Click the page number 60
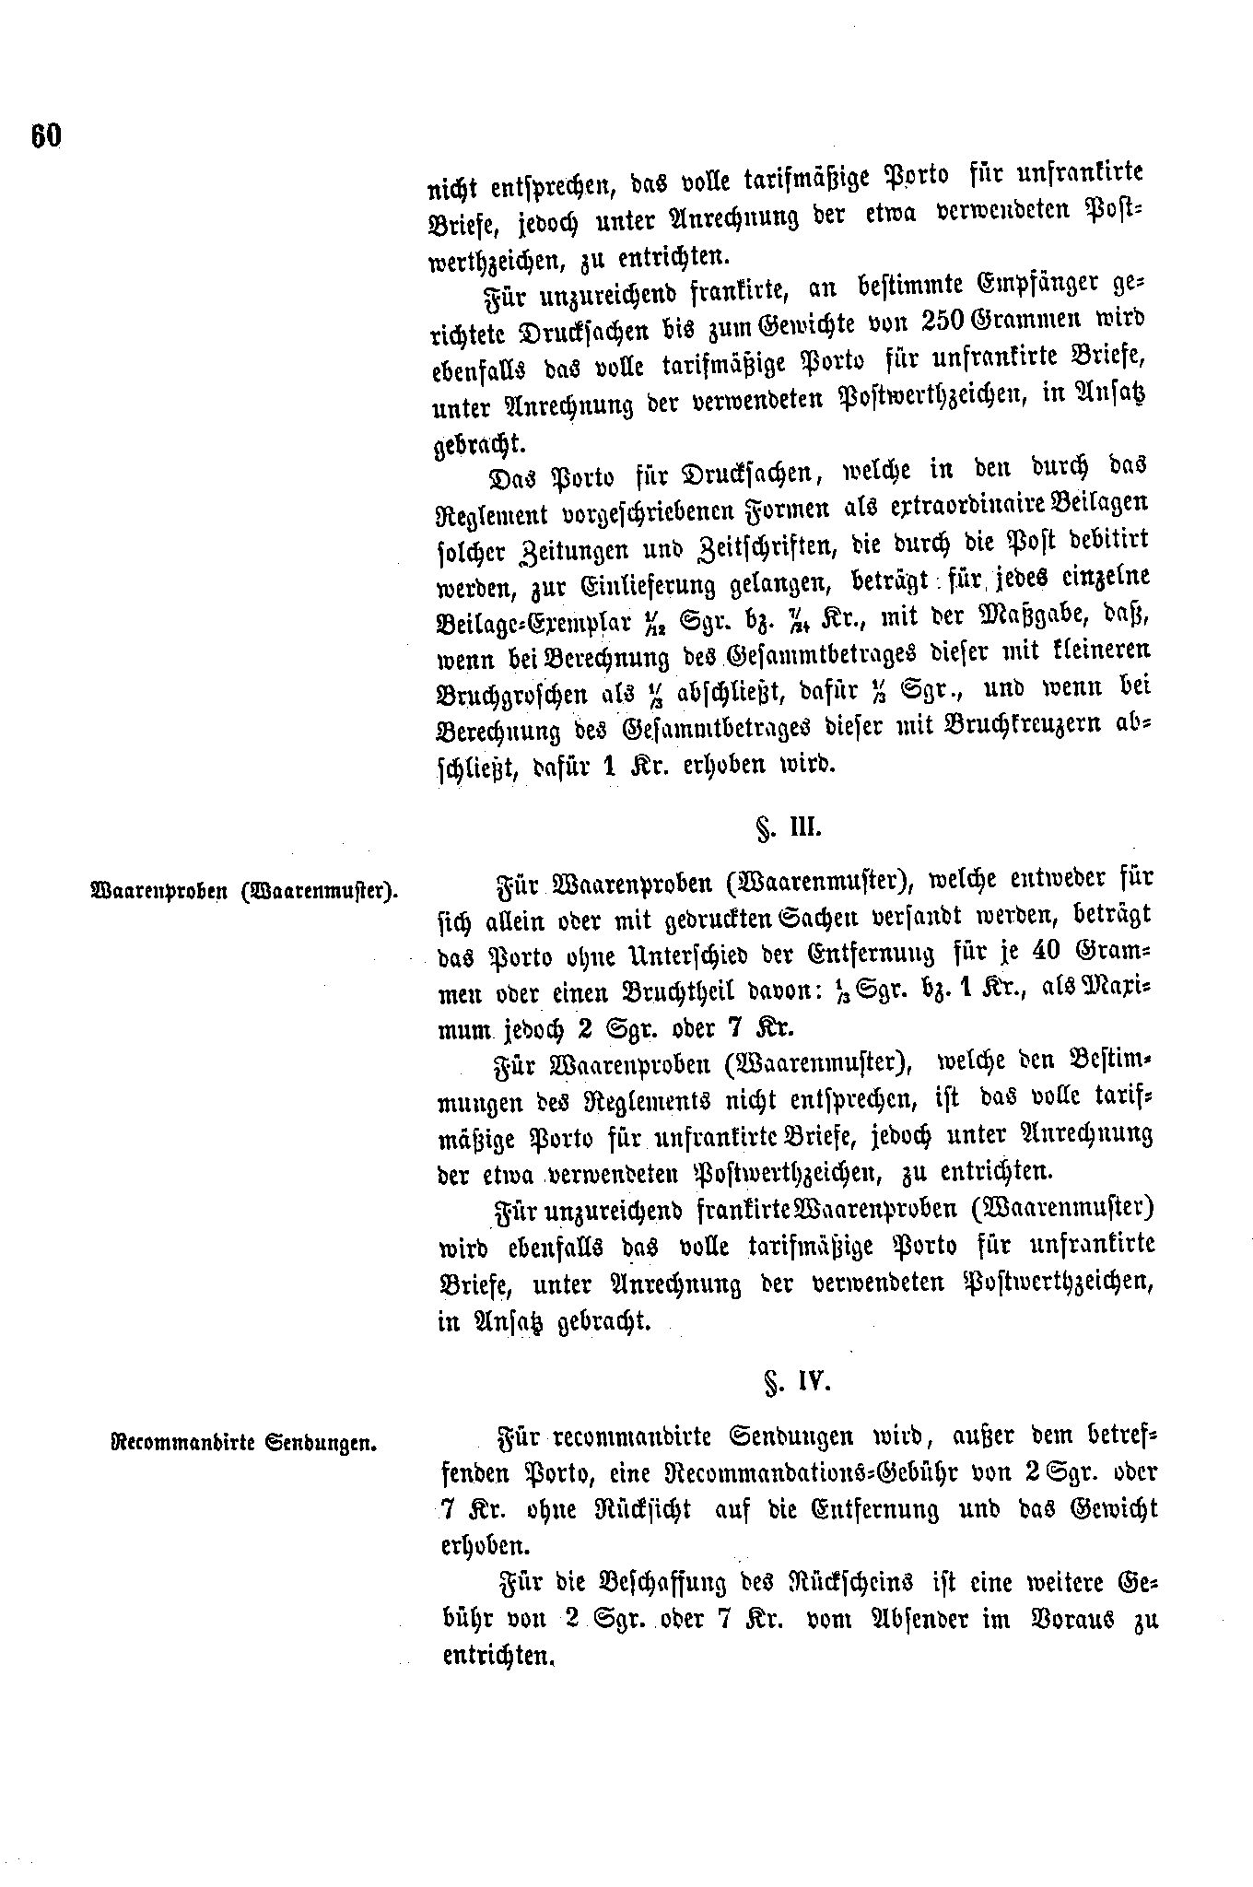pyautogui.click(x=44, y=136)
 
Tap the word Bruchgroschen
pyautogui.click(x=511, y=693)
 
